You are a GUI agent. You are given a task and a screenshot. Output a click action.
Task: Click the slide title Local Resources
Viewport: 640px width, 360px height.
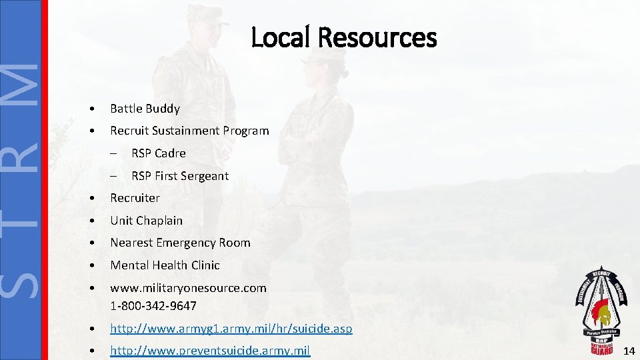[x=343, y=37]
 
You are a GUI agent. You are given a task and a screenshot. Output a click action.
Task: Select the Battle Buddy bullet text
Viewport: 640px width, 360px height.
[x=145, y=108]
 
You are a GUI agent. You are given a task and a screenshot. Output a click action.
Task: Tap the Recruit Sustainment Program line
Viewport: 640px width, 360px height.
[x=189, y=131]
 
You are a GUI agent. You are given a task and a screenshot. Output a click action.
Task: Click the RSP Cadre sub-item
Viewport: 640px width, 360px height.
[x=158, y=153]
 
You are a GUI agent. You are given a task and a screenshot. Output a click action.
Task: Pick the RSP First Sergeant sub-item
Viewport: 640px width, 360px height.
[x=179, y=176]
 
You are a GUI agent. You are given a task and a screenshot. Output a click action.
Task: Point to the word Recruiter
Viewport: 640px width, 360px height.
[x=135, y=198]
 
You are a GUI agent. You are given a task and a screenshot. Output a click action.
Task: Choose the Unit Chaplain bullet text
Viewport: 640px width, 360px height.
[x=146, y=221]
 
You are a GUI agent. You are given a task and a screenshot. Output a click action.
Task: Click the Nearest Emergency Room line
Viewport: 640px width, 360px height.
[x=180, y=243]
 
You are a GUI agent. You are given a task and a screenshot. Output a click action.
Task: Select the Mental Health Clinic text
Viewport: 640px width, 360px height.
[x=165, y=265]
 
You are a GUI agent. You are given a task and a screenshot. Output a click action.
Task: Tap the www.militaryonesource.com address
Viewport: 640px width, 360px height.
[x=188, y=288]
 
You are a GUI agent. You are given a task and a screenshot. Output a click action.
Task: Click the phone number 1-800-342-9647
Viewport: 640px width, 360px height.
[x=153, y=306]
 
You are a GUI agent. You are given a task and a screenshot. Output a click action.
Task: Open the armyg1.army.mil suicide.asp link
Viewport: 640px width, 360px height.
[x=231, y=329]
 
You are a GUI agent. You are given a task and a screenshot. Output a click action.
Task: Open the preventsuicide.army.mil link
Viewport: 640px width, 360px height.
[x=210, y=351]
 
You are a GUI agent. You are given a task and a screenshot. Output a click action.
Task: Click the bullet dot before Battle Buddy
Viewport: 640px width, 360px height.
[x=97, y=109]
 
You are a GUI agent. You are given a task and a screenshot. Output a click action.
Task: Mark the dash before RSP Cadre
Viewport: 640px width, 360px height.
[x=115, y=153]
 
